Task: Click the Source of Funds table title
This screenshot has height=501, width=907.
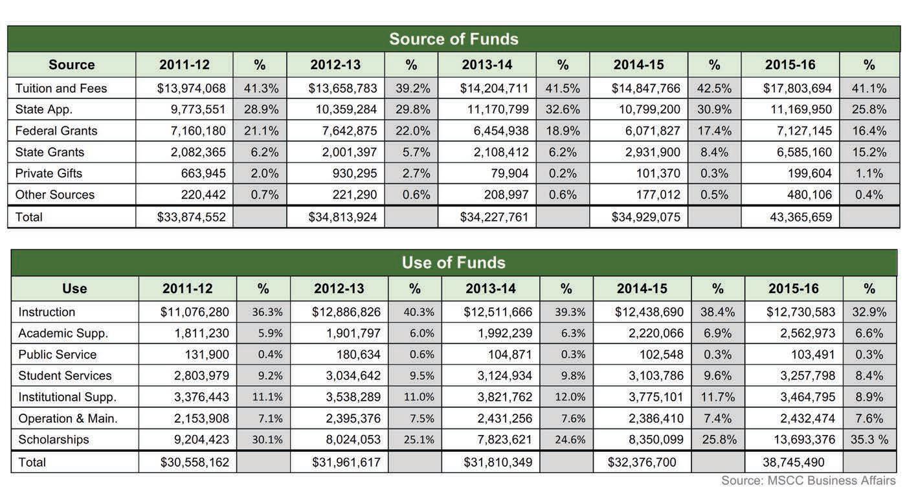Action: tap(453, 39)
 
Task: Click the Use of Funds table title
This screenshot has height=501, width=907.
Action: tap(453, 263)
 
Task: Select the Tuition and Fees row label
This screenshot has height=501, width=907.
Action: tap(61, 88)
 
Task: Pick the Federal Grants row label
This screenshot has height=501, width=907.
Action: tap(56, 131)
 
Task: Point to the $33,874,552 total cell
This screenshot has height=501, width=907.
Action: tap(191, 217)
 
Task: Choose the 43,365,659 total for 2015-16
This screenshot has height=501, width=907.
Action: tap(801, 217)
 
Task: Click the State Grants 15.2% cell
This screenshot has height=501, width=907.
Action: tap(869, 152)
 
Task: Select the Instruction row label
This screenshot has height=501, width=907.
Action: tap(47, 312)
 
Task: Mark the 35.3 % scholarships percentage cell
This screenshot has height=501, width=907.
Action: tap(869, 440)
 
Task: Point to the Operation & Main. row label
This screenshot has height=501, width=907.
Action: tap(68, 418)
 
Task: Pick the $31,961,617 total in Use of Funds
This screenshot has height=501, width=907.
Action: tap(346, 462)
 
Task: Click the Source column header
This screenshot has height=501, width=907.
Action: tap(71, 65)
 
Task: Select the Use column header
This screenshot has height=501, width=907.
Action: tap(74, 289)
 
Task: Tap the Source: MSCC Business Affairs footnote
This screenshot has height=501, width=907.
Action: tap(809, 480)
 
